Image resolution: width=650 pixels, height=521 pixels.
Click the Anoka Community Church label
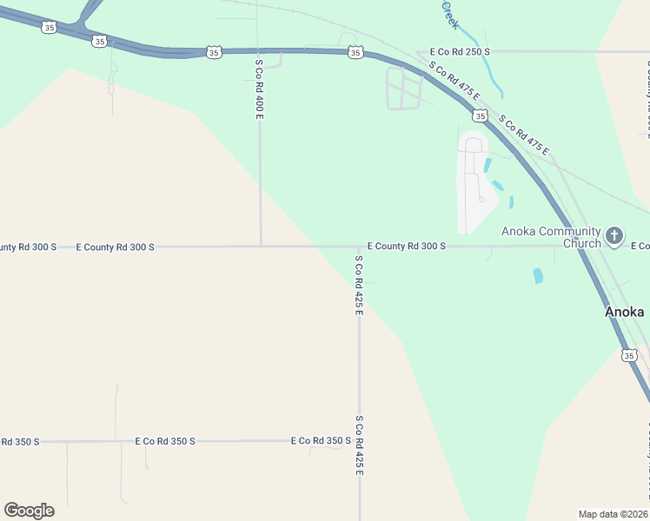pos(551,237)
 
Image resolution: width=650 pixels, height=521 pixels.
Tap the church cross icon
pos(614,234)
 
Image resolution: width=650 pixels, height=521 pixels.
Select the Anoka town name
pos(625,312)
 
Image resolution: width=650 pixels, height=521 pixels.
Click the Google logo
pos(29,511)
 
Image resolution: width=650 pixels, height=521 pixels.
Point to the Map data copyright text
pos(614,513)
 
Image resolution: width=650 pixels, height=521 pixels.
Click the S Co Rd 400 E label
pos(259,89)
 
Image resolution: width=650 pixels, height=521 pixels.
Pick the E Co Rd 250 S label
pos(454,52)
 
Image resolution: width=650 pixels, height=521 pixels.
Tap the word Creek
pos(450,15)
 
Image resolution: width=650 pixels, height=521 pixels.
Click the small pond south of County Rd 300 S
pos(538,276)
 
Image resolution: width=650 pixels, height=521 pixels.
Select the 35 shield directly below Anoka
pos(628,354)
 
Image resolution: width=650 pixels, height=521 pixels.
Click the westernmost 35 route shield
pos(49,28)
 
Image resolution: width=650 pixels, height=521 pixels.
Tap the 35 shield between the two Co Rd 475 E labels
pos(480,115)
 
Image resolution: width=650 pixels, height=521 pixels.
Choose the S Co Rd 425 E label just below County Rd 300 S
pos(358,284)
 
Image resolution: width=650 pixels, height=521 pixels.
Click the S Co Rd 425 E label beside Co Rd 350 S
pos(358,445)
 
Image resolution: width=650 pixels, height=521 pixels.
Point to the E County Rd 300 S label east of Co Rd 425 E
pos(407,247)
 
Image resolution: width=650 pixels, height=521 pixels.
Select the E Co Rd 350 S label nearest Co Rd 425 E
pos(321,441)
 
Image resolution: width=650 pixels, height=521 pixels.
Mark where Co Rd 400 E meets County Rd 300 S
pos(261,246)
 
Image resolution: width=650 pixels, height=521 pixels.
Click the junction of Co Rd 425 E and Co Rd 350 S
pos(359,440)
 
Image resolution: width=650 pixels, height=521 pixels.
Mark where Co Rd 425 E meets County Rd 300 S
pos(359,247)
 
